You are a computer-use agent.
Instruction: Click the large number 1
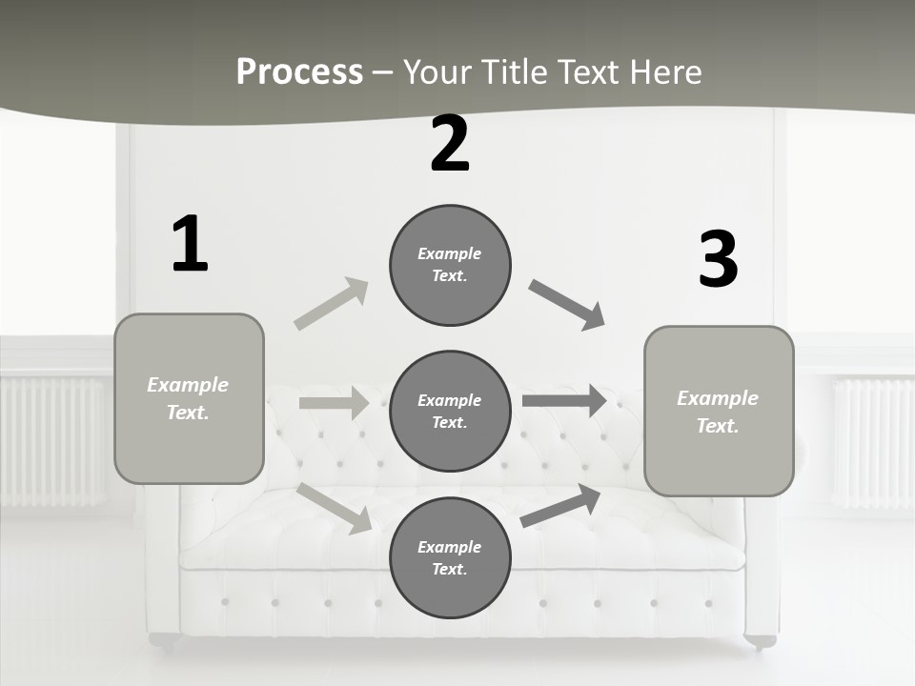pyautogui.click(x=190, y=245)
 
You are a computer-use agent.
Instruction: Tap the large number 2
pyautogui.click(x=450, y=145)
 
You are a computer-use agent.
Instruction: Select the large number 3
pyautogui.click(x=718, y=260)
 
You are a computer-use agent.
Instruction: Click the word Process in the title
pyautogui.click(x=299, y=71)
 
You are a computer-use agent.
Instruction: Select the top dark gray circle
pyautogui.click(x=450, y=265)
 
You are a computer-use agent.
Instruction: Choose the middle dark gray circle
pyautogui.click(x=450, y=411)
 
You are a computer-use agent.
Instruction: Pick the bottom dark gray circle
pyautogui.click(x=450, y=557)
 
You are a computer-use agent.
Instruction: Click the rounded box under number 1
pyautogui.click(x=189, y=398)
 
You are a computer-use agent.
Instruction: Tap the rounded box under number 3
pyautogui.click(x=719, y=411)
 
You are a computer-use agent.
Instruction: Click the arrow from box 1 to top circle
pyautogui.click(x=332, y=303)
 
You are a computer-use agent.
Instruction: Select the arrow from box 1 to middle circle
pyautogui.click(x=335, y=403)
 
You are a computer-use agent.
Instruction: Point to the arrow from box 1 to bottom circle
pyautogui.click(x=335, y=508)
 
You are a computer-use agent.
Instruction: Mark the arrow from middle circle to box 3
pyautogui.click(x=564, y=401)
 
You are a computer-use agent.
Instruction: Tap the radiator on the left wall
pyautogui.click(x=52, y=440)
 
